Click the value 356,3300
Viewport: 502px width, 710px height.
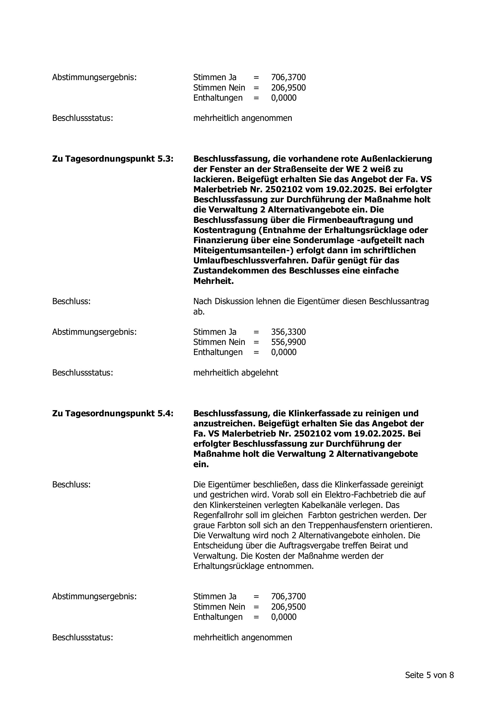coord(288,332)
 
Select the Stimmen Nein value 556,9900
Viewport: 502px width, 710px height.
coord(288,342)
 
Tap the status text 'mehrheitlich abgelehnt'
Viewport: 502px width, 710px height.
coord(236,373)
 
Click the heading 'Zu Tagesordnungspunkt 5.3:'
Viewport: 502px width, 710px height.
coord(113,159)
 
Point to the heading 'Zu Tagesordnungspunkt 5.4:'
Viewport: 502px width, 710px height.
coord(113,413)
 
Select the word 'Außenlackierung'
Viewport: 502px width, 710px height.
coord(396,159)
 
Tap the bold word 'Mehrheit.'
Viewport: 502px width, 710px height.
coord(213,281)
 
